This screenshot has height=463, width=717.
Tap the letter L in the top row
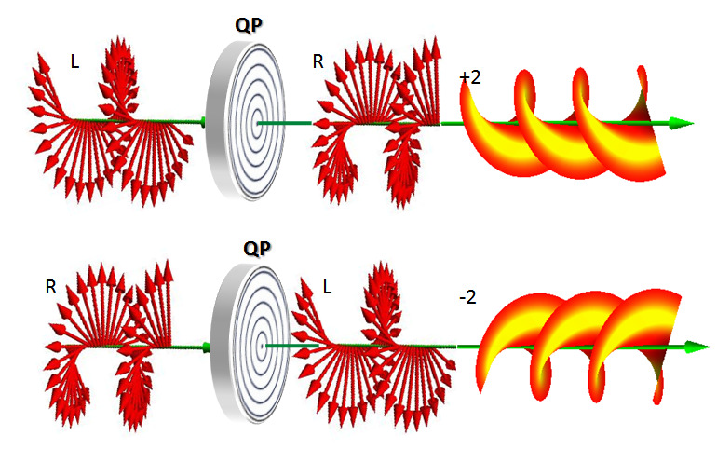(x=74, y=61)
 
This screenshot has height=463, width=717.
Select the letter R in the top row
(x=318, y=62)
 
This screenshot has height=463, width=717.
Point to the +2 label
(x=470, y=77)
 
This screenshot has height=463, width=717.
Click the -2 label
(x=469, y=298)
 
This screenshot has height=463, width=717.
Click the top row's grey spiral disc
(x=247, y=120)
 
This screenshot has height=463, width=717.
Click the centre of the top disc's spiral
(x=256, y=122)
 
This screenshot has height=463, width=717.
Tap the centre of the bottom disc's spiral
(x=264, y=346)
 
